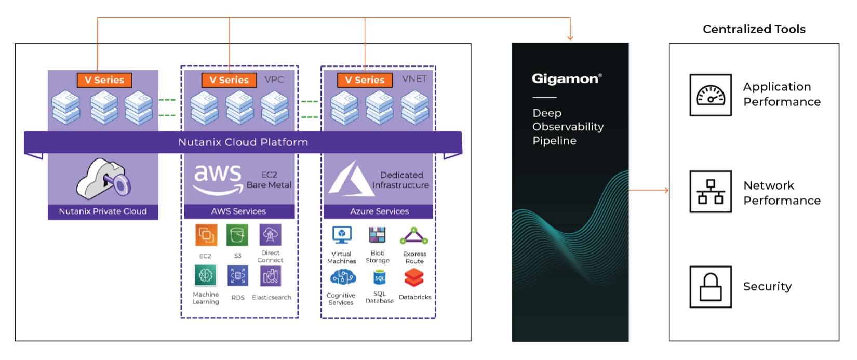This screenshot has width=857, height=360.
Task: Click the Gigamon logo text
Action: click(566, 78)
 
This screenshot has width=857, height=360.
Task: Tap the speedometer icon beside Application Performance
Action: click(710, 95)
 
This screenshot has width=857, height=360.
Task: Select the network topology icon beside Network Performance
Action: click(710, 191)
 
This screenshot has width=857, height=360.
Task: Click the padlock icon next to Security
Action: click(710, 287)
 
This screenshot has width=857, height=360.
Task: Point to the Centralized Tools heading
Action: click(754, 30)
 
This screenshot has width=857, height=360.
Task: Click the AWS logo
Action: click(218, 179)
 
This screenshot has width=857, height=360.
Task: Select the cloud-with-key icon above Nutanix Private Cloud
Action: click(104, 179)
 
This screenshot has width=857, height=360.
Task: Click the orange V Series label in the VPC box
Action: click(229, 80)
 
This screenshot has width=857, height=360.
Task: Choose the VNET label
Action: click(414, 78)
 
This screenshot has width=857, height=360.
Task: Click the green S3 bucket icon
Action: click(237, 235)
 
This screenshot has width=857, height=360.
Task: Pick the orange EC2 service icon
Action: click(206, 235)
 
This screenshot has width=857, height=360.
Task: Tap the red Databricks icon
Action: click(414, 278)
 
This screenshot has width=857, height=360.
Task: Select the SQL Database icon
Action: click(380, 278)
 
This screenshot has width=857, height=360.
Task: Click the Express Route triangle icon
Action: click(414, 236)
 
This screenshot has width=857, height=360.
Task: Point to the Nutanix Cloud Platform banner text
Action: click(243, 142)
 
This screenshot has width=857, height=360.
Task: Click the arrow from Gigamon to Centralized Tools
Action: click(649, 191)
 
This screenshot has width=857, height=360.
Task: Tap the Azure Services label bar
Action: click(379, 211)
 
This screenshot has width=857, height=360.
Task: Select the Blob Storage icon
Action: click(377, 236)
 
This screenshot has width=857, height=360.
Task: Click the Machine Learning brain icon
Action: click(205, 275)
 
